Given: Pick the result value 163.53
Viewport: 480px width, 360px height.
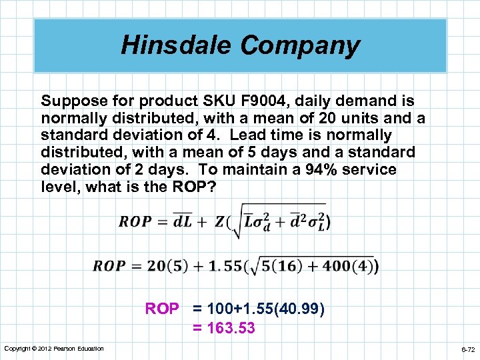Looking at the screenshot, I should (232, 328).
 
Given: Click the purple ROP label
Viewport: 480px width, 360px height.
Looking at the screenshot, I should (162, 309).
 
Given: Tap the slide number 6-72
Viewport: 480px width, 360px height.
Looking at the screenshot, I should (468, 349).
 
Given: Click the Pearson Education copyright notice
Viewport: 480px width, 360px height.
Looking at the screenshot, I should (53, 349).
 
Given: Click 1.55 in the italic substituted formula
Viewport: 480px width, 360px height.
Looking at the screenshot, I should (224, 266).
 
